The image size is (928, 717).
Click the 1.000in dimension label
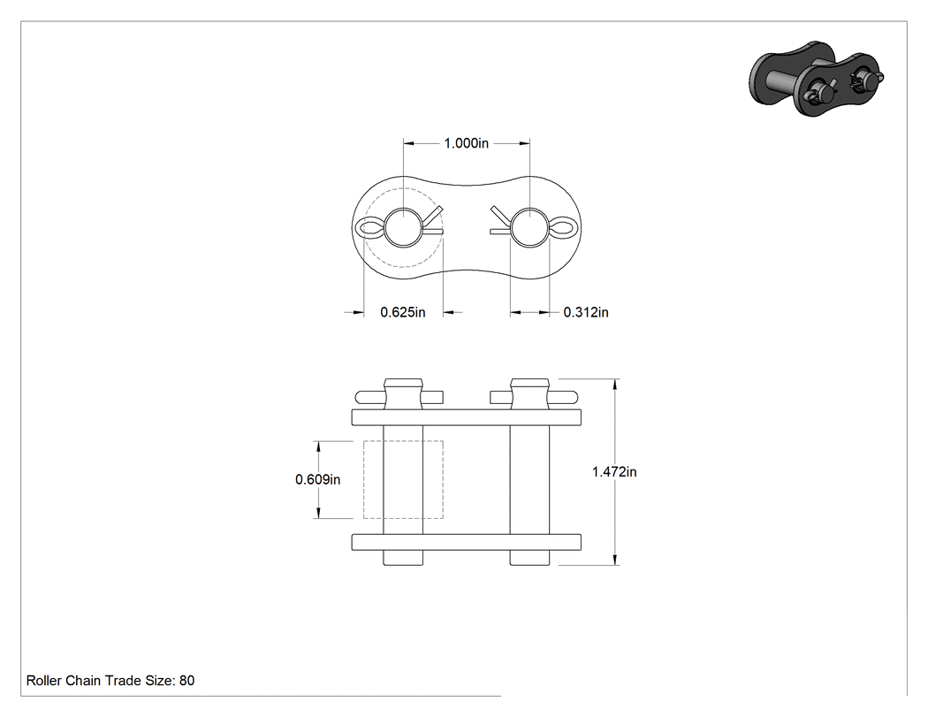click(x=467, y=143)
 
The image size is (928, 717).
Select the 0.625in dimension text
click(x=402, y=312)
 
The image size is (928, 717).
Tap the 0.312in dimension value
click(x=586, y=312)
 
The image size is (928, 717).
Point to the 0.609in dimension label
click(x=318, y=479)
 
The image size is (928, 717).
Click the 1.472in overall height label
click(x=614, y=472)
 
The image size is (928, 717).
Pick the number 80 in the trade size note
click(x=187, y=680)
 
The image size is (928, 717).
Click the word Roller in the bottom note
click(x=44, y=680)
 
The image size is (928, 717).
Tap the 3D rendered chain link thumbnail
click(x=816, y=78)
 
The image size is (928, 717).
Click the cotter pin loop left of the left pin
click(x=357, y=227)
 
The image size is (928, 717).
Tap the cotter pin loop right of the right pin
click(x=574, y=227)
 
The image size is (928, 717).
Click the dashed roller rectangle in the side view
click(x=363, y=479)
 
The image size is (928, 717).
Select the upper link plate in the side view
click(x=467, y=417)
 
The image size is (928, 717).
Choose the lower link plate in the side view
click(x=467, y=542)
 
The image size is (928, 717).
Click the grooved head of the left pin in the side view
click(x=404, y=393)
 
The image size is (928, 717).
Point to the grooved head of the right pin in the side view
click(x=529, y=393)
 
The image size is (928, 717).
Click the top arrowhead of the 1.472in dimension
click(x=615, y=385)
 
